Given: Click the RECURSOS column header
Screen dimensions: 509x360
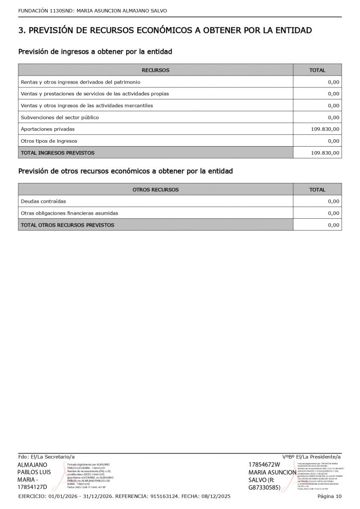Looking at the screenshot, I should [x=156, y=70].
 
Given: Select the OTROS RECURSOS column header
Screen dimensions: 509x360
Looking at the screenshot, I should [x=156, y=189].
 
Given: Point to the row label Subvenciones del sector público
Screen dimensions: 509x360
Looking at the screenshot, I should [x=60, y=117].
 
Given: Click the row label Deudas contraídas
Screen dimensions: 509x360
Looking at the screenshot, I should [x=43, y=201].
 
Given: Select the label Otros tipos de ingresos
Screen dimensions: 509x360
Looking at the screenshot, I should [x=49, y=141].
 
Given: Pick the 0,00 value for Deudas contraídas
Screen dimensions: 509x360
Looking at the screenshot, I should [x=334, y=201].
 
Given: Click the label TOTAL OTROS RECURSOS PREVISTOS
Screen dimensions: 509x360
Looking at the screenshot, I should [x=68, y=225].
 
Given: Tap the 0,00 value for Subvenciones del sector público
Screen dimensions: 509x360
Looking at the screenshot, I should [x=334, y=117].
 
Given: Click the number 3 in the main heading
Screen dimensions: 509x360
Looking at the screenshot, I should [x=21, y=31].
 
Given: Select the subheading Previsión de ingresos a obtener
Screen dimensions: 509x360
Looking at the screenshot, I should [x=95, y=52].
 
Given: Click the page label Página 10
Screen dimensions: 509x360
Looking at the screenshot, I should [x=330, y=496].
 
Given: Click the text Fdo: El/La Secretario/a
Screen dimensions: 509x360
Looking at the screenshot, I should [x=46, y=456].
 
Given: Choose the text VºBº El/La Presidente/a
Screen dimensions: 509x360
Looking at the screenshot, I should [x=312, y=456].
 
